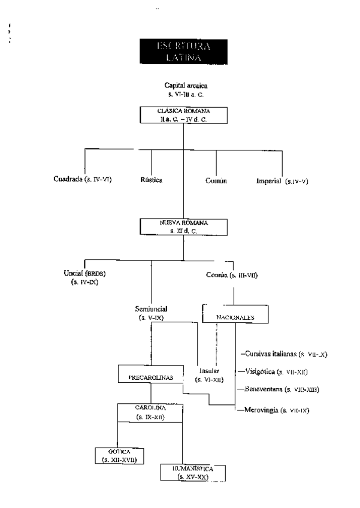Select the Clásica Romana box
click(184, 115)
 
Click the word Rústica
click(152, 179)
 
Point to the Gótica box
click(117, 455)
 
